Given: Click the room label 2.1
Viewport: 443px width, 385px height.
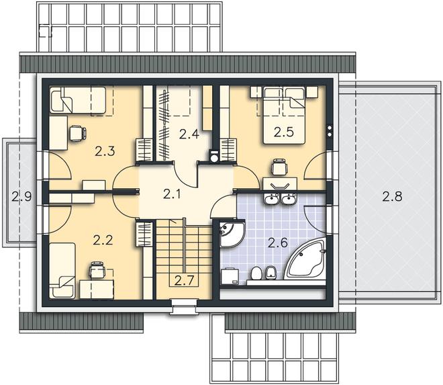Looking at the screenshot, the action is (x=172, y=194).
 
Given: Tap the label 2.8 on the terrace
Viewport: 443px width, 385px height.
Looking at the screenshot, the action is (x=392, y=196).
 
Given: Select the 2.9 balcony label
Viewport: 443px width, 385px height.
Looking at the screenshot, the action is (x=21, y=196).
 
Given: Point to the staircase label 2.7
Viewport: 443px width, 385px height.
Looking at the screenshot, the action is (x=184, y=280).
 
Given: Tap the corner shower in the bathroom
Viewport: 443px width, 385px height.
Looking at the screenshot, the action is (x=232, y=234).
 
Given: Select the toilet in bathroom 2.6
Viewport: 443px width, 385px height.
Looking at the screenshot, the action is (x=256, y=273).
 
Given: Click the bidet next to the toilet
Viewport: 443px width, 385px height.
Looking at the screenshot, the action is (x=271, y=273).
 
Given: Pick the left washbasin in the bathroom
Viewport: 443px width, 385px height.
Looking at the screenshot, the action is (x=272, y=199).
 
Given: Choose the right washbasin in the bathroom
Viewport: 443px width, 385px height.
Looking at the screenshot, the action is (x=288, y=199).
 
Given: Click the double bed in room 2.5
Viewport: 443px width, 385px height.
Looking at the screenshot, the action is (x=284, y=115).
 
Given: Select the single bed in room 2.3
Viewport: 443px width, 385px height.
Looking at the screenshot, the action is (x=78, y=100).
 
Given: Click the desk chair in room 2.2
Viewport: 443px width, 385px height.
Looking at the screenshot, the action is (x=97, y=270).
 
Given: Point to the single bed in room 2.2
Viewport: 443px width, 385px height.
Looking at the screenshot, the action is (x=62, y=271).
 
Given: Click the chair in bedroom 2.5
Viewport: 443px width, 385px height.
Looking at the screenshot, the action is (x=279, y=167).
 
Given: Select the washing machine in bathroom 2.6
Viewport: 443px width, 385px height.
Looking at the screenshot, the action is (x=230, y=275).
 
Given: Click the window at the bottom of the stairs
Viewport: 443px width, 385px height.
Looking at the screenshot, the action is (x=183, y=307).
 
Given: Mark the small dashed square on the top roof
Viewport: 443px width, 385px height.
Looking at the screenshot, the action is (x=45, y=31).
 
